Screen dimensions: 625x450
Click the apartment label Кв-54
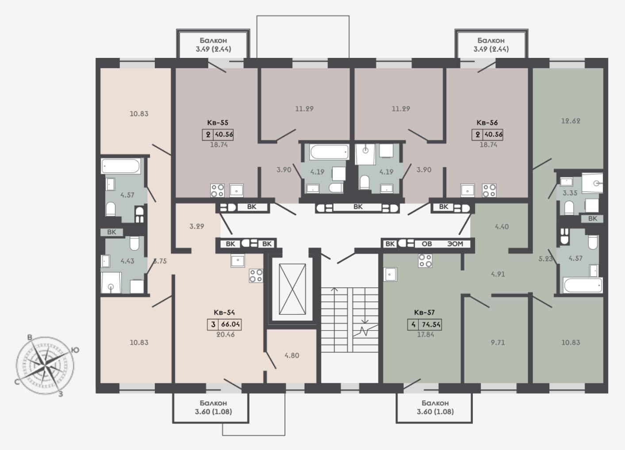click(x=224, y=312)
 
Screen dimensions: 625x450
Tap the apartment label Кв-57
click(x=424, y=312)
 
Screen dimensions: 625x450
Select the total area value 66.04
click(x=230, y=324)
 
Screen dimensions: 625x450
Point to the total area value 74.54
click(x=431, y=324)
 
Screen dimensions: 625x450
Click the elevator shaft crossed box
click(x=292, y=289)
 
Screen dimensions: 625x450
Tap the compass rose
click(x=46, y=365)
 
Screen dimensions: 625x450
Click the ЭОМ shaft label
click(x=455, y=244)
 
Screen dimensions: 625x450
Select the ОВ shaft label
click(x=426, y=244)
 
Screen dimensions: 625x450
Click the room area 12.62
click(x=571, y=121)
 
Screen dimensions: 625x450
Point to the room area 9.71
click(x=498, y=342)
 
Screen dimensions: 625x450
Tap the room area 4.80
click(x=292, y=355)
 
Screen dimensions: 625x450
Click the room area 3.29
click(x=197, y=226)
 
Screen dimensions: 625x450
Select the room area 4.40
click(x=502, y=226)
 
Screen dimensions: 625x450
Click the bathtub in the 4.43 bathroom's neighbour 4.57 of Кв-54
click(x=121, y=166)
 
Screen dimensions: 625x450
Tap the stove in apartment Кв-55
click(x=217, y=191)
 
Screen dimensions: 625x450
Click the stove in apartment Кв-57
click(x=425, y=261)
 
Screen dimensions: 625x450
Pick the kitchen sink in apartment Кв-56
click(x=468, y=191)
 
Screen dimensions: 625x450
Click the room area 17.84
click(x=425, y=334)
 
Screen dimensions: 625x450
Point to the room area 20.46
click(x=226, y=334)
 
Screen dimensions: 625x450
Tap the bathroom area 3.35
click(x=570, y=193)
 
